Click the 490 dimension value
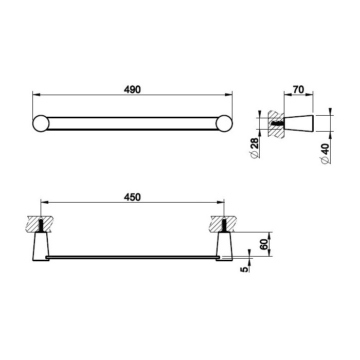pos(132,89)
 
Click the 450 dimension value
pos(132,196)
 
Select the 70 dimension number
pos(297,89)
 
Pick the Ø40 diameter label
pos(325,153)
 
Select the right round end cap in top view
pos(224,124)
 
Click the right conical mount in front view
pos(225,247)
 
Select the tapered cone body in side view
pos(298,124)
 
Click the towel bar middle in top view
pos(132,124)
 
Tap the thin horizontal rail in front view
pos(132,256)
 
